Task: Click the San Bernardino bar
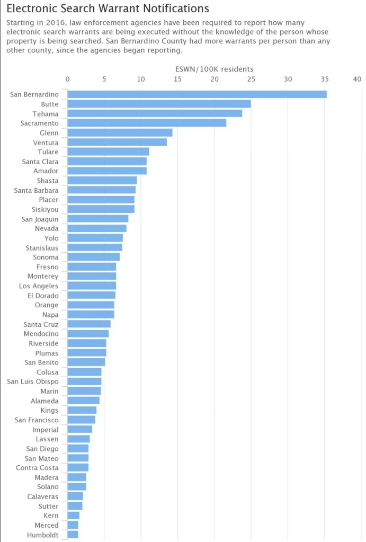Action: click(x=197, y=94)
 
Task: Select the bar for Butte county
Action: click(x=159, y=104)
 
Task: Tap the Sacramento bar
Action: click(x=147, y=123)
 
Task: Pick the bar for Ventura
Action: click(x=117, y=142)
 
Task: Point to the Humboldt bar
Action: click(x=73, y=535)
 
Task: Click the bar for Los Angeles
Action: click(x=92, y=286)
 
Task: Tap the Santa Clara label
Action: click(x=40, y=161)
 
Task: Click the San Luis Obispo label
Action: click(x=33, y=381)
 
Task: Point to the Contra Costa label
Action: click(x=38, y=468)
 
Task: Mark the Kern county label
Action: click(x=51, y=516)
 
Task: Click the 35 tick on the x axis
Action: click(x=324, y=79)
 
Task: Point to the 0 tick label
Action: click(x=67, y=79)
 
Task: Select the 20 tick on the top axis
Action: click(x=214, y=79)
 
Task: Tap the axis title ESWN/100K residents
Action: click(x=214, y=69)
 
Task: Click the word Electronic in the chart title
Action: click(x=34, y=8)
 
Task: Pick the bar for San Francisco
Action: click(x=81, y=420)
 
